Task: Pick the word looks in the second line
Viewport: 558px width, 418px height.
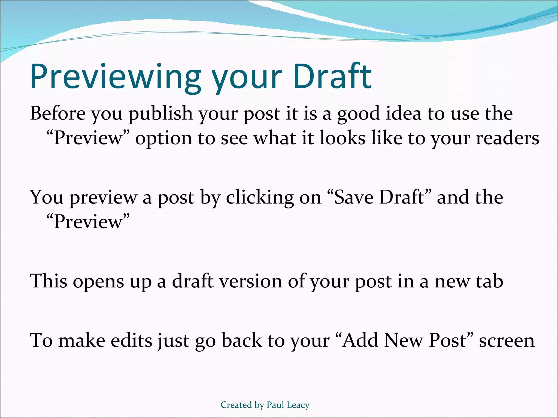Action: coord(342,138)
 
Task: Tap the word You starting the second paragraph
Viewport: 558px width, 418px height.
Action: coord(47,197)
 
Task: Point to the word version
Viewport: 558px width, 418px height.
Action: coord(251,281)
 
